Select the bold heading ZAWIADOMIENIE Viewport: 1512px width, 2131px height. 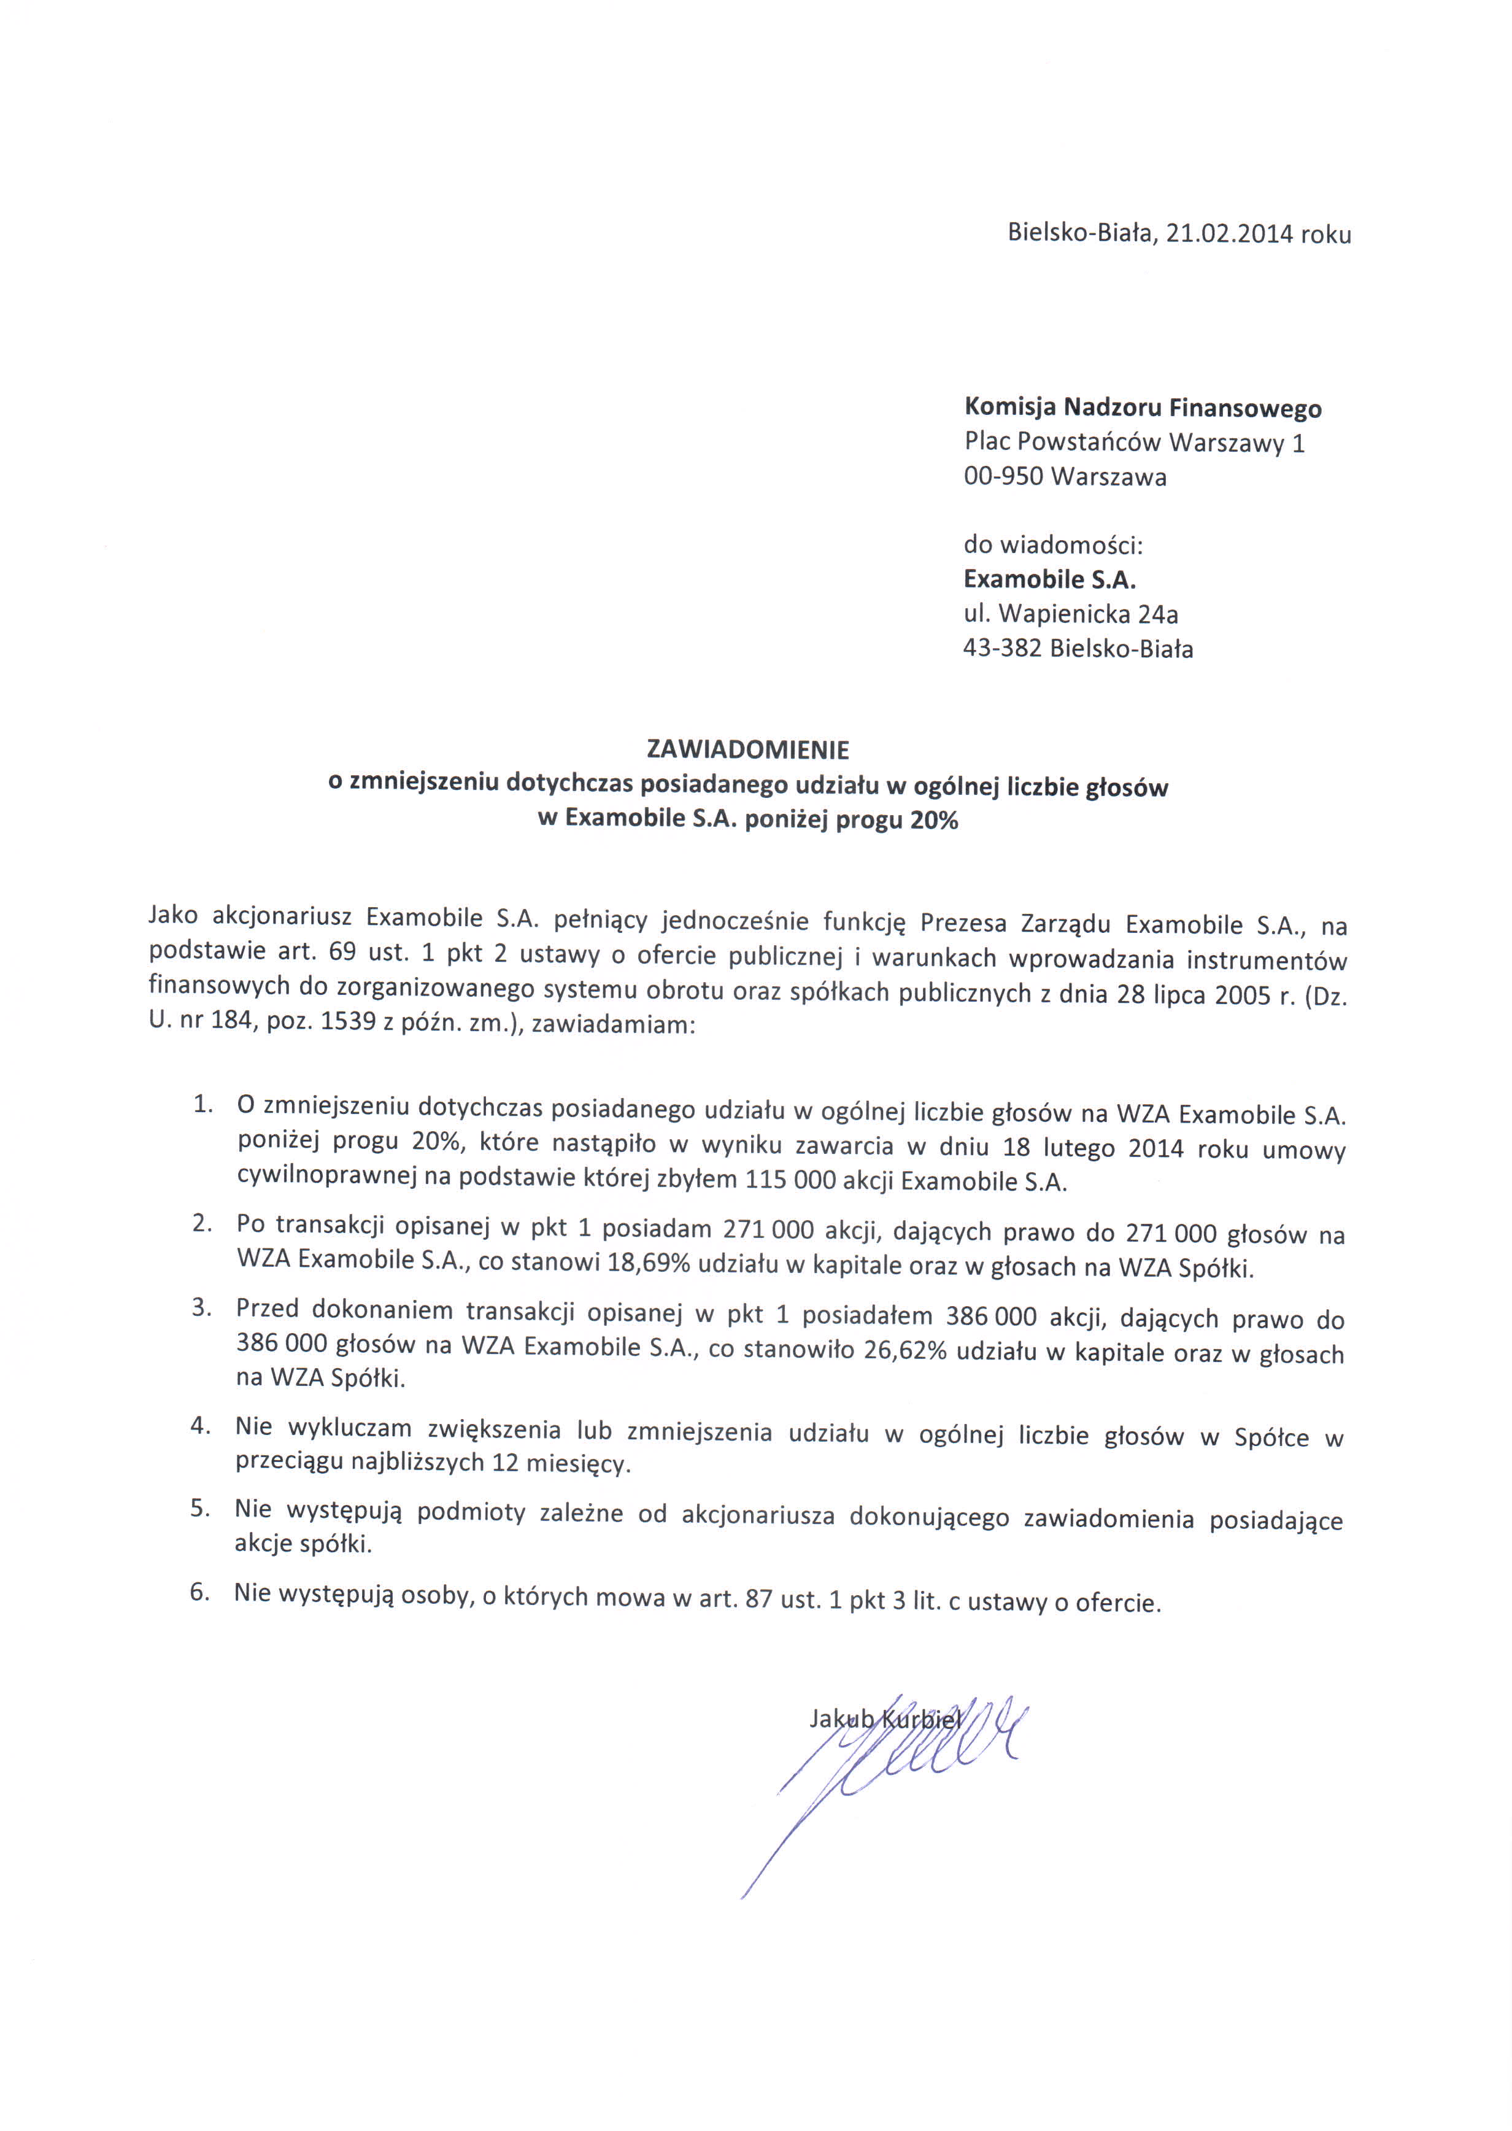747,749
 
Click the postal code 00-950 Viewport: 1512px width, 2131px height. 1003,477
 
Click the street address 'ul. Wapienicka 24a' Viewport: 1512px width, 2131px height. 1071,614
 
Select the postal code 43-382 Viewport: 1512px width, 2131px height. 1002,649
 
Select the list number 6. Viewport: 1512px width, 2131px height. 199,1593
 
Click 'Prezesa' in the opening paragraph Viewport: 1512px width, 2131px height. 963,924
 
